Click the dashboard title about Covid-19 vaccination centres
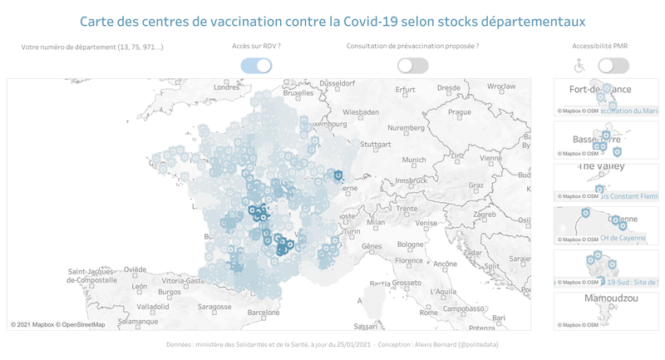[332, 21]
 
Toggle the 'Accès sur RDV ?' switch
[256, 66]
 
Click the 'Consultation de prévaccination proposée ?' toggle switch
[412, 66]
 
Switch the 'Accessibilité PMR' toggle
[613, 66]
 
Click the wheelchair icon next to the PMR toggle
[580, 66]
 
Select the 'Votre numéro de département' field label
[92, 47]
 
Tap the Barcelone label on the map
[264, 313]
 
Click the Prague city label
[459, 112]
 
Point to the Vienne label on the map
[490, 157]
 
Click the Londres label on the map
[226, 87]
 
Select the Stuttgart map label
[376, 144]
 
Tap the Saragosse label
[214, 307]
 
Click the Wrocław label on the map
[501, 86]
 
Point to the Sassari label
[366, 326]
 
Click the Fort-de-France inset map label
[600, 90]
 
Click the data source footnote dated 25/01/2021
[332, 344]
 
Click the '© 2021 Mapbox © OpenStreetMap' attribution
[58, 324]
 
